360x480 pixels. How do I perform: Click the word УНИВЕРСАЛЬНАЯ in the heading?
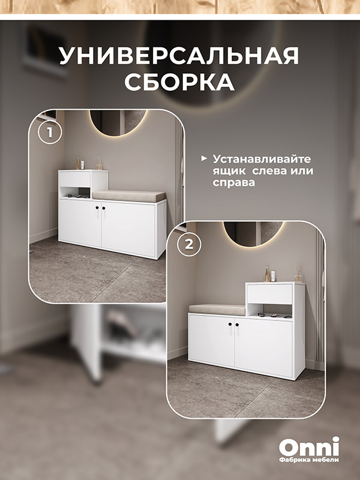coord(179,55)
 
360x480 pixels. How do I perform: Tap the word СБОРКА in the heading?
coord(179,82)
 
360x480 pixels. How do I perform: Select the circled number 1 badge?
coord(50,133)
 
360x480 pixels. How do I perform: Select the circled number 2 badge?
coord(190,244)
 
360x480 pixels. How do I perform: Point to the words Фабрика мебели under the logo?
coord(309,460)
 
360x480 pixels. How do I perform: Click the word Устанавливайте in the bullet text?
coord(262,159)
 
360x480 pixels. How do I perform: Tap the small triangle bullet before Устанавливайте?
coord(203,158)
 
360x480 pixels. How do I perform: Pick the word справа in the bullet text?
coord(234,182)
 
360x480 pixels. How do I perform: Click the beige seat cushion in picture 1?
coord(129,196)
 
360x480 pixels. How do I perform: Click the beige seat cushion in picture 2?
coord(217,310)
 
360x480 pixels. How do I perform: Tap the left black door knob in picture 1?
coord(97,208)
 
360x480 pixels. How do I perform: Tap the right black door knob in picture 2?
coord(237,324)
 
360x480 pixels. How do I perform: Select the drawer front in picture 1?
coord(74,179)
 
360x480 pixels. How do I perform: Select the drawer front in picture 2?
coord(269,294)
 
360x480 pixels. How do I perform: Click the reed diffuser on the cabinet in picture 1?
coord(99,163)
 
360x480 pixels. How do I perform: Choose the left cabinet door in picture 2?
coord(212,340)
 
